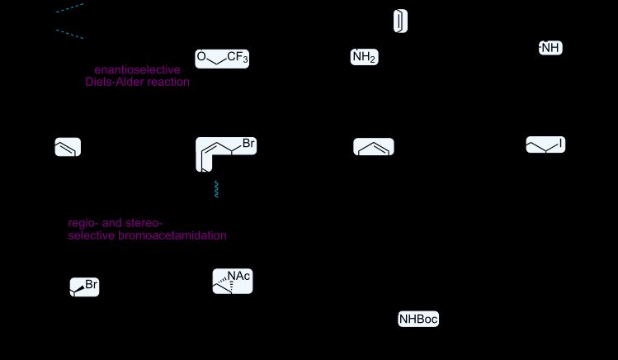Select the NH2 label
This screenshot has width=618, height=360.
tap(364, 58)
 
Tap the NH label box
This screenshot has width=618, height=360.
tap(550, 48)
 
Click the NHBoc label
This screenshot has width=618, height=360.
tap(418, 320)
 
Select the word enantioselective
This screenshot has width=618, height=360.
tap(137, 70)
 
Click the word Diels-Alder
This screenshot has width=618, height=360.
tap(117, 83)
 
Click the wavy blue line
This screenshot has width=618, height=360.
tap(217, 189)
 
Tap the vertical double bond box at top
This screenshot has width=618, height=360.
tap(400, 21)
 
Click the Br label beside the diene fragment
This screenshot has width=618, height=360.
tap(248, 145)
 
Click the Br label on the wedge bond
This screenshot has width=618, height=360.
tap(92, 285)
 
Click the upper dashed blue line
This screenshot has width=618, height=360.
tap(69, 8)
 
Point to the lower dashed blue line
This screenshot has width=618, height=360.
tap(69, 34)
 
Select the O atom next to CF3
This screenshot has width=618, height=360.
tap(200, 57)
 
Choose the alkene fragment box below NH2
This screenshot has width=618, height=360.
tap(374, 147)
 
